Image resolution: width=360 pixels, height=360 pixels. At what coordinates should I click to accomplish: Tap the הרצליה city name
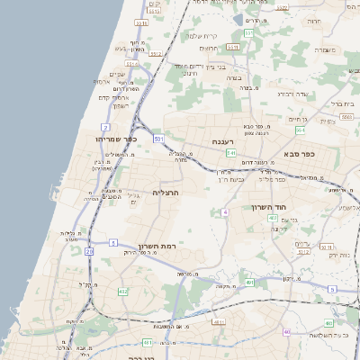click(x=166, y=193)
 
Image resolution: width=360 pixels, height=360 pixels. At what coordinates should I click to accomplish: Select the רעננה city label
click(x=224, y=141)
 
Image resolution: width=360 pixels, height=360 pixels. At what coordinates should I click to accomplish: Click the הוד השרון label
click(x=269, y=208)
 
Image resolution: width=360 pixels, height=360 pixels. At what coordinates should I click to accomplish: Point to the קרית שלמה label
click(x=204, y=36)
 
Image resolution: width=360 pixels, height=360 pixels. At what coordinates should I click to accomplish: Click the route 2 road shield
click(x=105, y=128)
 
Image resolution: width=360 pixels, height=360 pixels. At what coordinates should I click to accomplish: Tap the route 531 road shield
click(x=158, y=139)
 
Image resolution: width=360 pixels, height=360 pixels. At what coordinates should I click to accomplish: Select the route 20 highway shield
click(x=89, y=251)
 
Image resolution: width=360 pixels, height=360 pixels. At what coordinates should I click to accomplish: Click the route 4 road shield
click(x=225, y=211)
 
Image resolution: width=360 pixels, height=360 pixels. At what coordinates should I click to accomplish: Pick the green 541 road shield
click(x=230, y=153)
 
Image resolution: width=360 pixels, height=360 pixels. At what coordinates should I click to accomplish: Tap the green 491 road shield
click(x=249, y=283)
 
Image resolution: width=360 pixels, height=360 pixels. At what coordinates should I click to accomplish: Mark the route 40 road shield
click(x=286, y=332)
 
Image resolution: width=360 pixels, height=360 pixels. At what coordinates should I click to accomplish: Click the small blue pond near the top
click(x=238, y=19)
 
